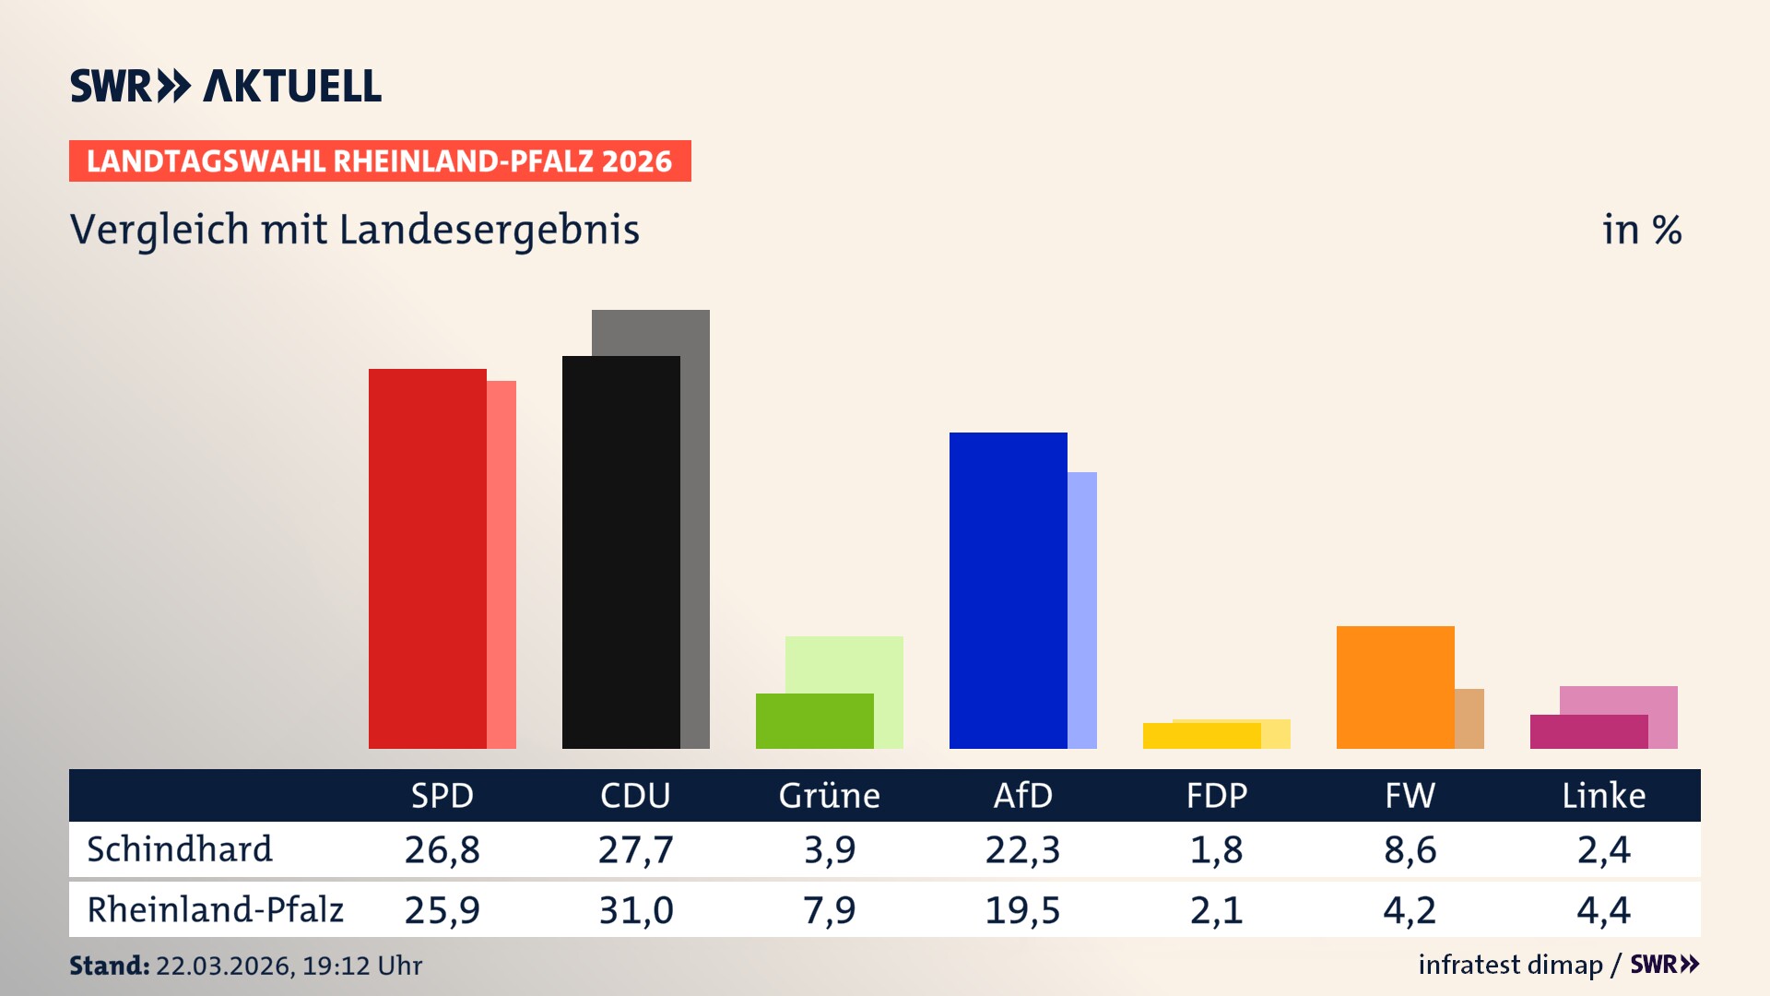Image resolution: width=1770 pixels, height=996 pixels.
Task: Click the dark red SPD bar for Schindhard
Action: point(427,558)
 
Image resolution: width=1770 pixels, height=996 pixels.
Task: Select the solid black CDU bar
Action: point(620,551)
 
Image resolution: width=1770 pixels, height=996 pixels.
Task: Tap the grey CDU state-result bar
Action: point(696,526)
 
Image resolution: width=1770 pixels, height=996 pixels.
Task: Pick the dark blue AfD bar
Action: point(1008,590)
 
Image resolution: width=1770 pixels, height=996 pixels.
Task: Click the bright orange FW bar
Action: point(1395,687)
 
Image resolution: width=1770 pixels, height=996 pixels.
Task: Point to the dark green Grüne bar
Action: point(814,720)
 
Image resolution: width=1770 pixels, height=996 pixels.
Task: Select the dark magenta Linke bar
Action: point(1588,731)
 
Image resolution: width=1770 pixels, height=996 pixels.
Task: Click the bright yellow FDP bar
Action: point(1201,735)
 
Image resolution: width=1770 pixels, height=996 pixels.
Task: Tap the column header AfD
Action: point(1022,795)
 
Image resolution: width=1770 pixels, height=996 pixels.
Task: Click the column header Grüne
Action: point(829,795)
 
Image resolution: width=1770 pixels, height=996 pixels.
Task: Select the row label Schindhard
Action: point(180,849)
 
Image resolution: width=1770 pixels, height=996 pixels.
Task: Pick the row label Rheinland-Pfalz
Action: point(215,910)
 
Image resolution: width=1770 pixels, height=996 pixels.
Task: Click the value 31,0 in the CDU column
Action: point(635,910)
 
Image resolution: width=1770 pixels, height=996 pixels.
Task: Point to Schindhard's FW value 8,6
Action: point(1410,849)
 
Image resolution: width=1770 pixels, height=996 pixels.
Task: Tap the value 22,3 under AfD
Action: point(1022,849)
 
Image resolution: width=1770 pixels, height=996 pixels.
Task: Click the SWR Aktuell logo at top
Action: point(226,86)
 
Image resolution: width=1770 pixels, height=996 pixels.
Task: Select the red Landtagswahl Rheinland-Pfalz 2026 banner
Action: point(380,160)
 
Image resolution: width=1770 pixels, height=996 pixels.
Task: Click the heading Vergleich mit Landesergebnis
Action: point(355,230)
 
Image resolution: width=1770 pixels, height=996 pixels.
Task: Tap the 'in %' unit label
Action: point(1641,230)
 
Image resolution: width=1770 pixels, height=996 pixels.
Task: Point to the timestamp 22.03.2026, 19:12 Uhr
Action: point(288,966)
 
